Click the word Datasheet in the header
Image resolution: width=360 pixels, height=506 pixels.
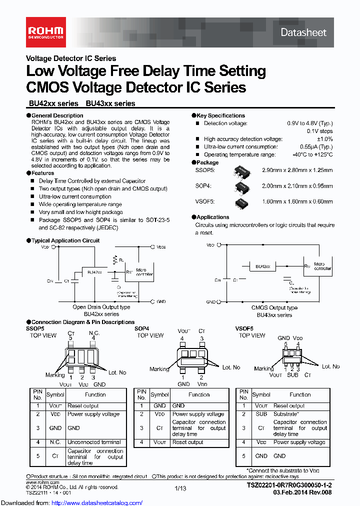[303, 32]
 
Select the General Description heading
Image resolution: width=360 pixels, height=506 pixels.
[57, 115]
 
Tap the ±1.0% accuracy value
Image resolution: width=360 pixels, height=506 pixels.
[324, 139]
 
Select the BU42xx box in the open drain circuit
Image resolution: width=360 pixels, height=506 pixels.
[94, 272]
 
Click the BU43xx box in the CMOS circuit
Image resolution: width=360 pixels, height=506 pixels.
[263, 266]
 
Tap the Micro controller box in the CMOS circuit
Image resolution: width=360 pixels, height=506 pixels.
[322, 266]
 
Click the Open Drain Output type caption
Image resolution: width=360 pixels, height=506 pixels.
[101, 307]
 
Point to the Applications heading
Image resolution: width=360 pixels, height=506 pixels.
[212, 217]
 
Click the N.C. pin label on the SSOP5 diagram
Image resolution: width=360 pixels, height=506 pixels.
[94, 332]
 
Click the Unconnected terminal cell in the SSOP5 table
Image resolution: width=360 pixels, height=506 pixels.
[94, 442]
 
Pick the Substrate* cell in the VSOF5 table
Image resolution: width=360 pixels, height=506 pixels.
[286, 414]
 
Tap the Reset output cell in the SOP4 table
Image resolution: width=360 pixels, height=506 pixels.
[188, 442]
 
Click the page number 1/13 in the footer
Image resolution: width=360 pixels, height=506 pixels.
[180, 487]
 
